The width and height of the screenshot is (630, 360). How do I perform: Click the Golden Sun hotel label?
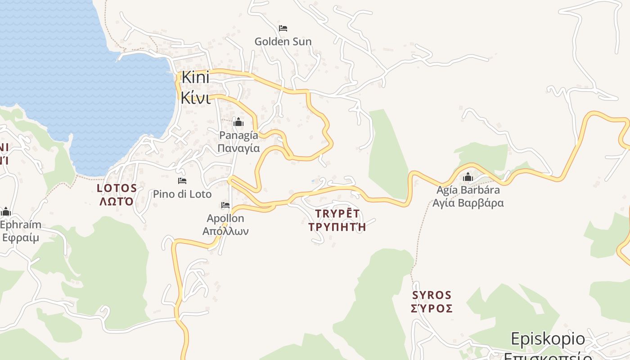tap(283, 42)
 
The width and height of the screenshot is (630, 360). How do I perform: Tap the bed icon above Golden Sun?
tap(283, 28)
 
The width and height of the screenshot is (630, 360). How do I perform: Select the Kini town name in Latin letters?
tap(195, 78)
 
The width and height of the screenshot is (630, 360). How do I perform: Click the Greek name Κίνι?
tap(195, 98)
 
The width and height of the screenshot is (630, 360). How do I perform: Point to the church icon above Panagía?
tap(238, 122)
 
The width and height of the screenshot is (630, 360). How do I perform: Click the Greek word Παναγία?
tap(238, 148)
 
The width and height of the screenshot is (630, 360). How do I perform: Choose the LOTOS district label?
tap(117, 188)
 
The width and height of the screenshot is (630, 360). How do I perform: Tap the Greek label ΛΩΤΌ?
tap(117, 201)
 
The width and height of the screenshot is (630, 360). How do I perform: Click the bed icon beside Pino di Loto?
tap(182, 181)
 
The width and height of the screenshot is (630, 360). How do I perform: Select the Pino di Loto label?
tap(182, 194)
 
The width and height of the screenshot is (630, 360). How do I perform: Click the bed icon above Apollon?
tap(225, 205)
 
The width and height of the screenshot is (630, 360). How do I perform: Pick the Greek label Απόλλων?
tap(225, 231)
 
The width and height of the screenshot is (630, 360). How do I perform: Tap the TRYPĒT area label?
tap(337, 214)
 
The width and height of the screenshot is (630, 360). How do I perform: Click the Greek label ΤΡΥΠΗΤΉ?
tap(337, 227)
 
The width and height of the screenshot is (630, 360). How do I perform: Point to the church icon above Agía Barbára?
tap(468, 177)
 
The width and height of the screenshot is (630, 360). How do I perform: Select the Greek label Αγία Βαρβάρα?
tap(468, 203)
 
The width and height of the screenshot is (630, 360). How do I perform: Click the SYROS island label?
tap(432, 295)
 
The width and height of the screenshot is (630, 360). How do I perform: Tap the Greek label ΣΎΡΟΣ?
tap(432, 308)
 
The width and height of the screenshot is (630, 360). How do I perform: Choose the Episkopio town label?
tap(548, 339)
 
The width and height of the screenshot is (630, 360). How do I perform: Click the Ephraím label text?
tap(21, 225)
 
